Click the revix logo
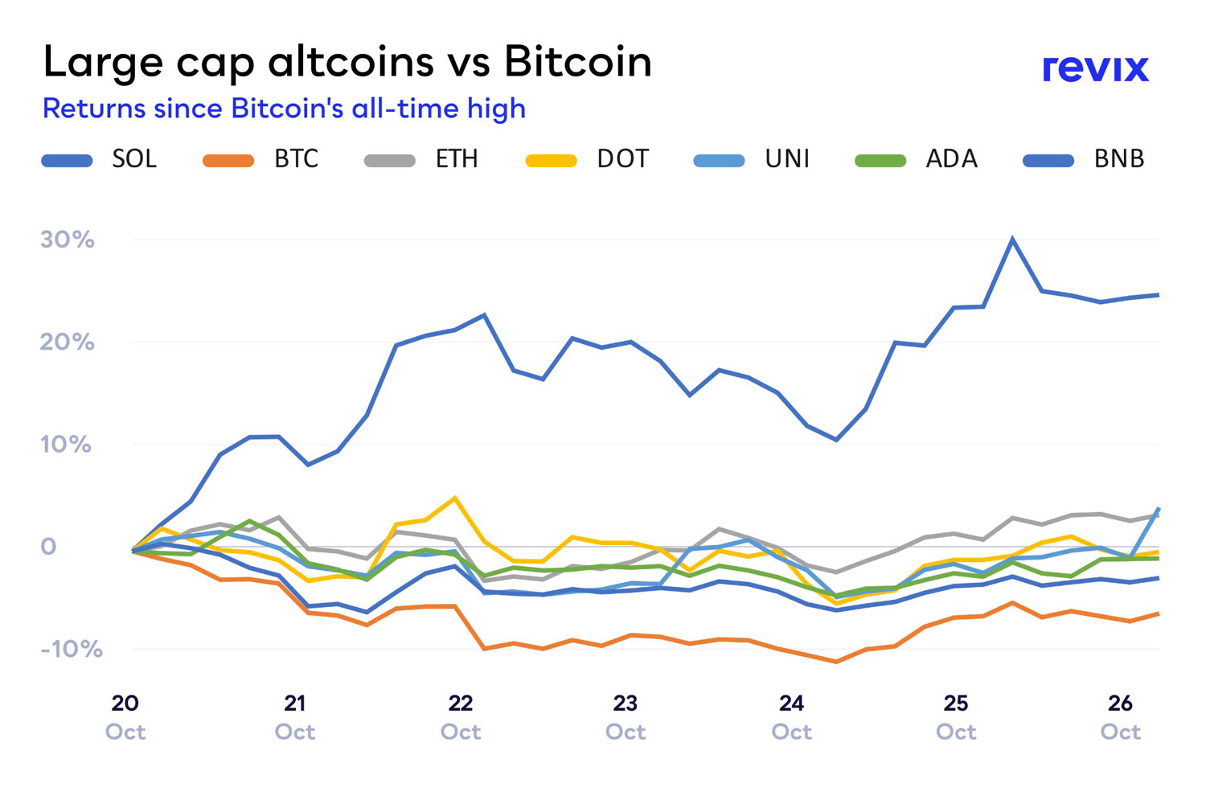1095,68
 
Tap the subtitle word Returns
93,109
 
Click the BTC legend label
296,159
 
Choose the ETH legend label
457,159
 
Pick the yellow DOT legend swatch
551,161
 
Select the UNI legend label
787,159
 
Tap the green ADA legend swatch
880,161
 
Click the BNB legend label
1118,159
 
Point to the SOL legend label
134,159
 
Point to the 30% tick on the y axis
68,240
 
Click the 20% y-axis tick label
68,343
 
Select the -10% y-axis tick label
72,650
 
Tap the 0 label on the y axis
48,547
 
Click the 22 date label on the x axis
461,703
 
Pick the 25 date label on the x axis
956,703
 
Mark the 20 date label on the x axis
125,703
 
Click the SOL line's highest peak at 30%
1012,239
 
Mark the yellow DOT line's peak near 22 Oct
455,498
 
